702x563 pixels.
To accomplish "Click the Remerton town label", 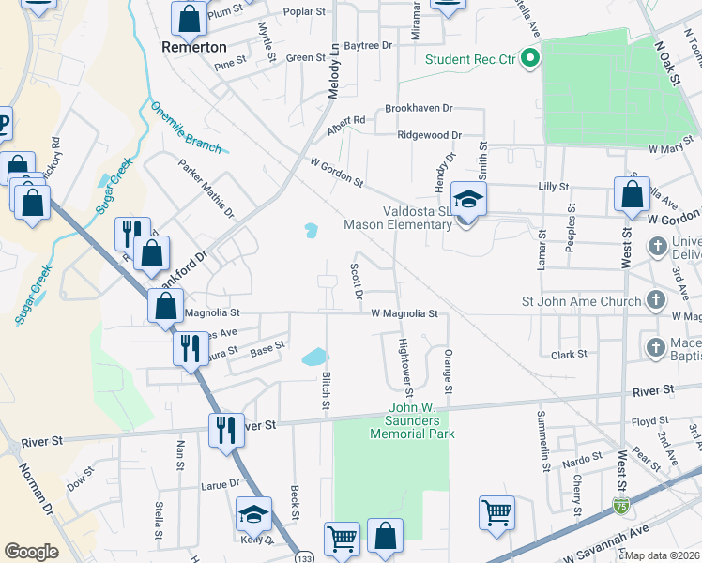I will coord(194,46).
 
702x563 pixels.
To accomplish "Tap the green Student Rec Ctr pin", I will coord(529,59).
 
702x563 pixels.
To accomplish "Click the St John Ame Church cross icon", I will coord(656,302).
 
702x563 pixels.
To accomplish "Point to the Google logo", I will coord(31,552).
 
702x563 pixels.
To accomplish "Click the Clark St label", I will coord(569,354).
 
